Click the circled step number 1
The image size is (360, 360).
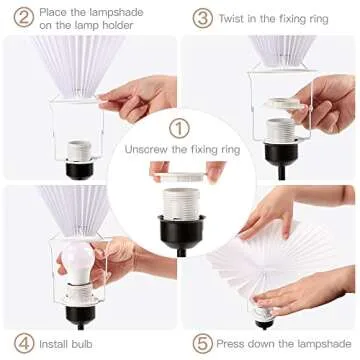[179, 129]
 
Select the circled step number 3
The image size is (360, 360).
[203, 17]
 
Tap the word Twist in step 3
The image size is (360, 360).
[238, 17]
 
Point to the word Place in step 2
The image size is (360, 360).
[58, 10]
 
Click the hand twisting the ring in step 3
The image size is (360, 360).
[325, 100]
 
